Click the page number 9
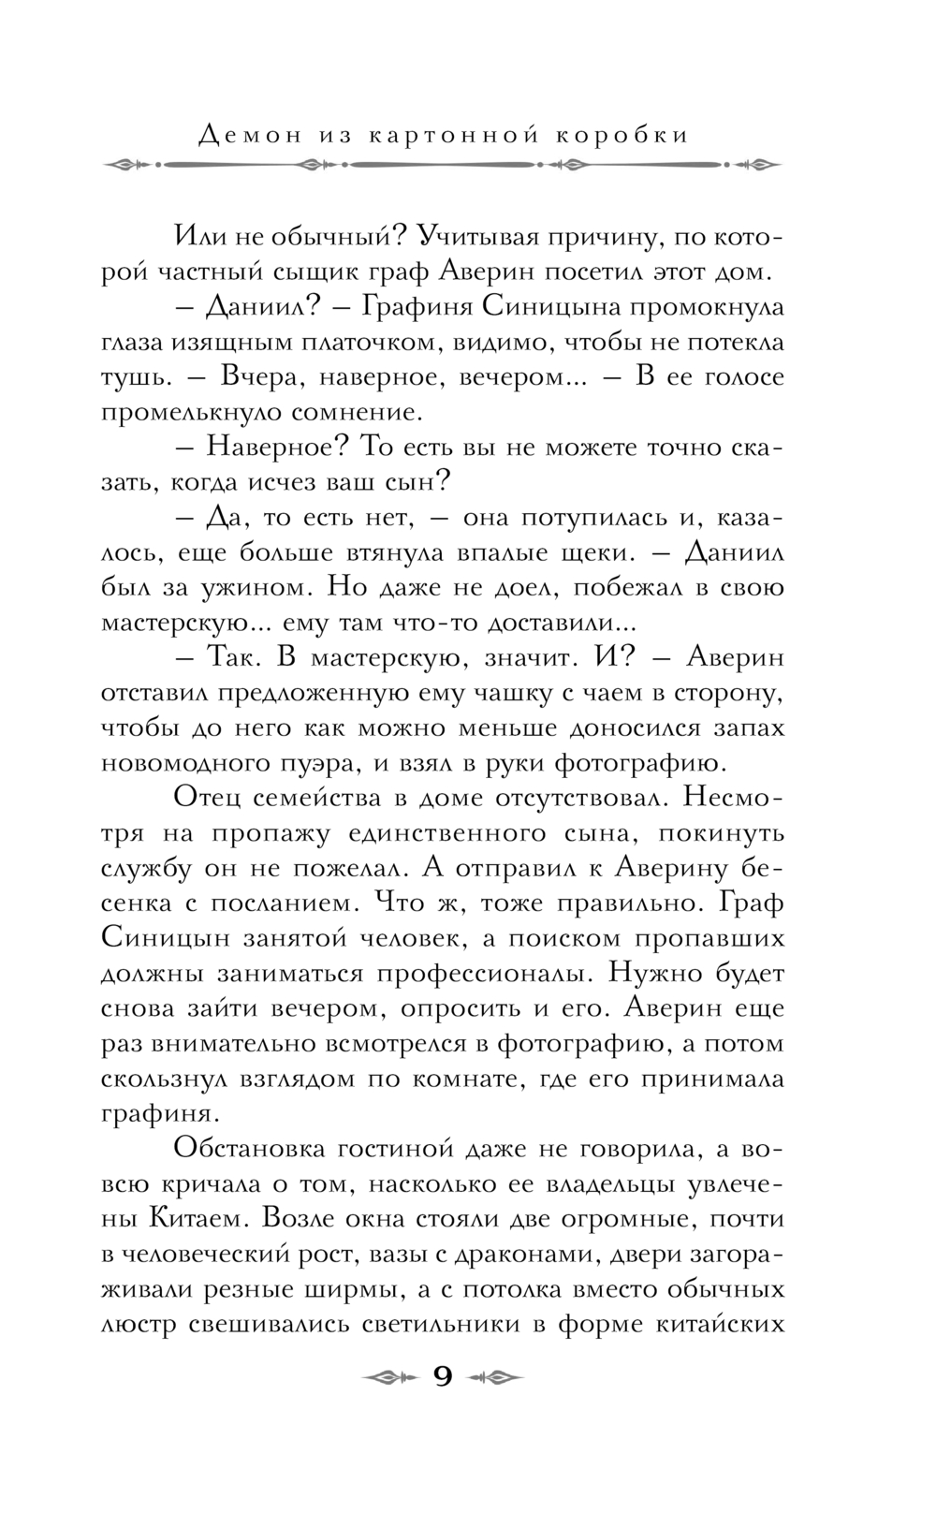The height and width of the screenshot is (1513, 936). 443,1377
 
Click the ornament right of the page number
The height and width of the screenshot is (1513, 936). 497,1377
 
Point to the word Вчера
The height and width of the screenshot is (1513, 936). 262,377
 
